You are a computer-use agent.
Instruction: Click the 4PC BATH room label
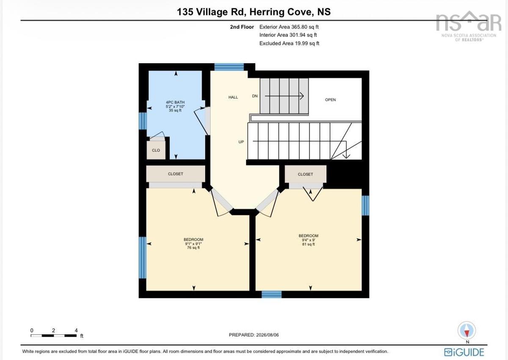(175, 102)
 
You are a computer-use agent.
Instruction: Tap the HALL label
(233, 97)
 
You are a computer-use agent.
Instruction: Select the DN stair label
(255, 96)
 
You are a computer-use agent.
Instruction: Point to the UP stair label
(241, 142)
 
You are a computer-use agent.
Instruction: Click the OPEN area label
(330, 100)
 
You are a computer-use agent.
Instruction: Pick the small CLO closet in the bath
(156, 150)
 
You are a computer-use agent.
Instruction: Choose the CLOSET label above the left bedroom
(175, 174)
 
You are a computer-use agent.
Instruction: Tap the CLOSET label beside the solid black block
(305, 174)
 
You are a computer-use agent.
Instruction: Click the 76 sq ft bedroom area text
(193, 248)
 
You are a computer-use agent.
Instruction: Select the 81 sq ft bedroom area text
(309, 244)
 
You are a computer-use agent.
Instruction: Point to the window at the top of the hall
(229, 67)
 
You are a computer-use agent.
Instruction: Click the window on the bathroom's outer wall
(143, 121)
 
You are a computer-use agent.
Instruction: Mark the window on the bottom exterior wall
(271, 294)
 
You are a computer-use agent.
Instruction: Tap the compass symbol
(467, 330)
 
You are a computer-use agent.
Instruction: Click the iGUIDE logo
(464, 352)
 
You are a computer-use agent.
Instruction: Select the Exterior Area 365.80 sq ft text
(289, 27)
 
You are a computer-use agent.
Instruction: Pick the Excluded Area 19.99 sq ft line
(289, 43)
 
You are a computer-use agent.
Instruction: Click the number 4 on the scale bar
(76, 330)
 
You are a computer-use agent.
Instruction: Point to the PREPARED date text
(254, 335)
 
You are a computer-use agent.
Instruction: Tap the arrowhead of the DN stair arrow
(302, 96)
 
